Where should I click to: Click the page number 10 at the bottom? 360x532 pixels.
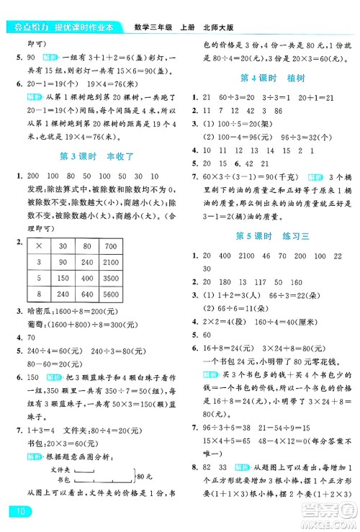[x=17, y=512]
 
